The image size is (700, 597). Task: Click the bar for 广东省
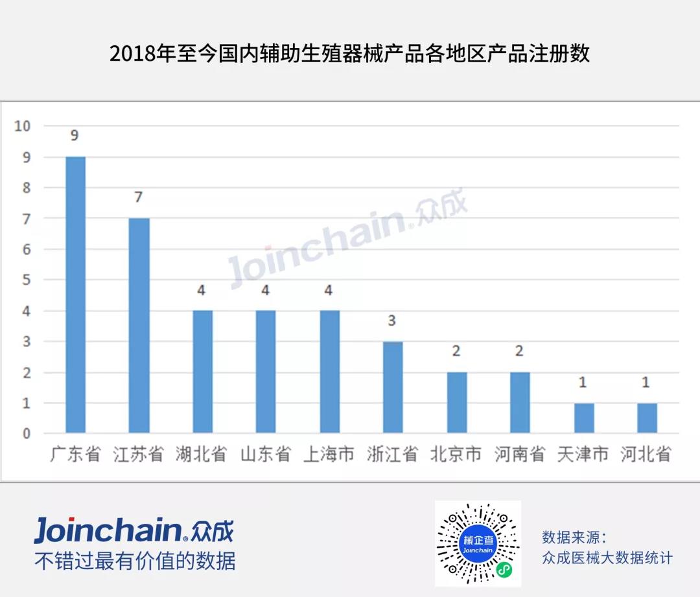[x=75, y=295]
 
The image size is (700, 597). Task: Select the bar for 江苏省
[x=139, y=325]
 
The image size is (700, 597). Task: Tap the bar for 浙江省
[x=393, y=387]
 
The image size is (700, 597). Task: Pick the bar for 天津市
[x=584, y=418]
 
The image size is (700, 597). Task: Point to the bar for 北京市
[x=456, y=402]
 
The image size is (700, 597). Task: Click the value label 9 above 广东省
[x=75, y=136]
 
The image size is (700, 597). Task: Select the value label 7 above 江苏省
[x=138, y=197]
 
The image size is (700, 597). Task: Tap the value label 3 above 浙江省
[x=392, y=321]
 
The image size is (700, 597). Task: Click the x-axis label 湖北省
[x=202, y=454]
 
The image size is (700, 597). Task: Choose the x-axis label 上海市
[x=329, y=454]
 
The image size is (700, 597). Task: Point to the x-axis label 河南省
[x=520, y=454]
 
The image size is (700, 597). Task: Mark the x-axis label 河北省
[x=646, y=454]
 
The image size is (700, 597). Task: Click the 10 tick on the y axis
[x=23, y=126]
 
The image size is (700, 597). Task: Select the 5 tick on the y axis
[x=27, y=280]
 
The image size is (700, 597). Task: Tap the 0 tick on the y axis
[x=27, y=434]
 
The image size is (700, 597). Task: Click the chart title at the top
[x=350, y=53]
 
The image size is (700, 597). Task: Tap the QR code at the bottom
[x=478, y=543]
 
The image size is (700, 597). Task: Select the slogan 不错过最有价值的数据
[x=135, y=561]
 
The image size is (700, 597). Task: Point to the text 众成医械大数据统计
[x=607, y=558]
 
